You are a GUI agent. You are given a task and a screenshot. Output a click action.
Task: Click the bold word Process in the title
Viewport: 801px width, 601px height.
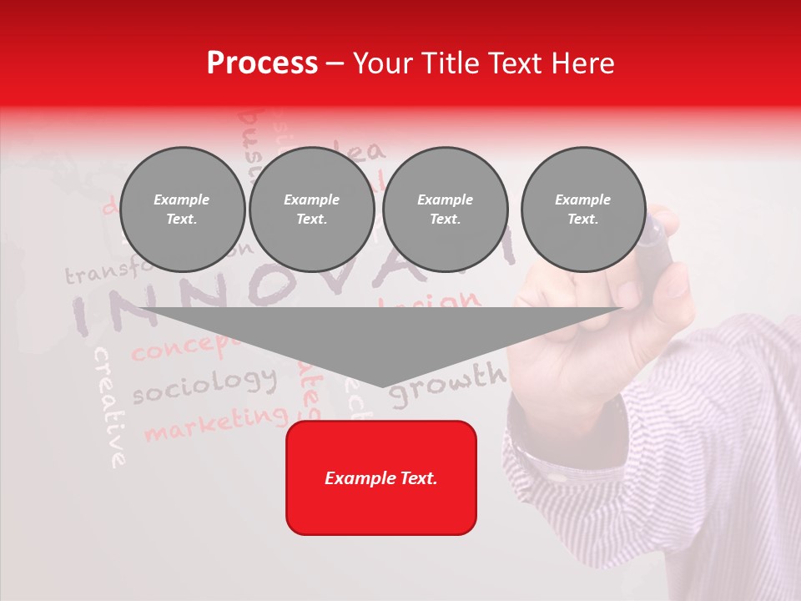[x=262, y=63]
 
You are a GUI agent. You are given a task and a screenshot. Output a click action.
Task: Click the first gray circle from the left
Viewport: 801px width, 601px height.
[x=182, y=210]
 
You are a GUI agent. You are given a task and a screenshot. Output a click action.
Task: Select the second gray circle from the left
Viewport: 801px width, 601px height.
[x=311, y=210]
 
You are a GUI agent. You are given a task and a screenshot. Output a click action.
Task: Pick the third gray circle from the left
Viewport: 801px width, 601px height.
[x=445, y=210]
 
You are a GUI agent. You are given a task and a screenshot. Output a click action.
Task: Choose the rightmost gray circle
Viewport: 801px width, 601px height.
[x=582, y=210]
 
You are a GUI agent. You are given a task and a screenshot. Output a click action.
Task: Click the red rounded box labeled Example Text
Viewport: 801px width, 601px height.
[x=381, y=477]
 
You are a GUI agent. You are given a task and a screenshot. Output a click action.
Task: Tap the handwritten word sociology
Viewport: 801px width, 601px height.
[x=204, y=385]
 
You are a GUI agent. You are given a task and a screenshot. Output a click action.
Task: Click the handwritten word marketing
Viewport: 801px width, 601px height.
[x=215, y=422]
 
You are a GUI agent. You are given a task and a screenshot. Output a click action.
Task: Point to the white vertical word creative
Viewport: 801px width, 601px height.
[x=110, y=407]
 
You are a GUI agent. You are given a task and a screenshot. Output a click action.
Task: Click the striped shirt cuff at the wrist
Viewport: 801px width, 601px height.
[x=534, y=451]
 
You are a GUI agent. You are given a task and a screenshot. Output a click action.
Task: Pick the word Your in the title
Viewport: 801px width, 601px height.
[x=380, y=63]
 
